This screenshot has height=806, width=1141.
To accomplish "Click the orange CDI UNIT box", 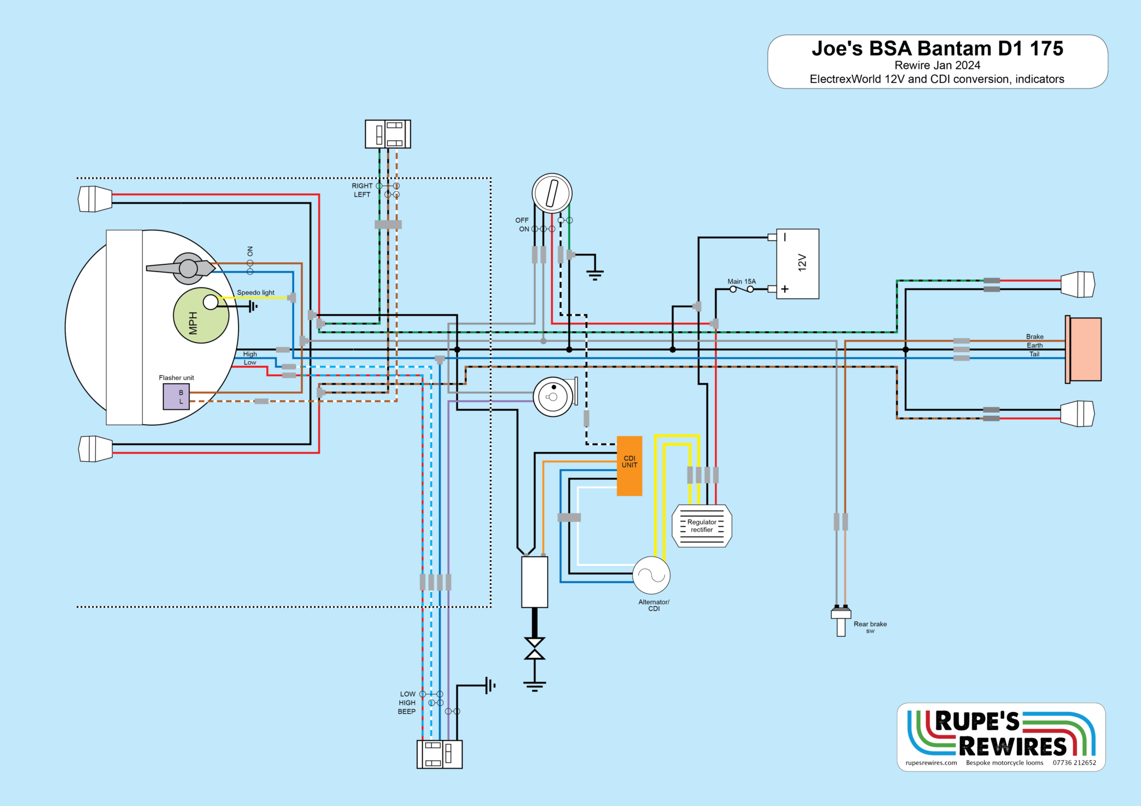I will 629,465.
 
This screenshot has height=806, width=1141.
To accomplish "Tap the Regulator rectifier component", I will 701,526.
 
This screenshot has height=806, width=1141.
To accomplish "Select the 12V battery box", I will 798,263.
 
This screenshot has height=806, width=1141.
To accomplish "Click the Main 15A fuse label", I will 741,282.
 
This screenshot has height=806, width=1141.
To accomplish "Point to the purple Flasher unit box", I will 176,397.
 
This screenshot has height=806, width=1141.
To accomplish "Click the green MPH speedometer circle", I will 201,316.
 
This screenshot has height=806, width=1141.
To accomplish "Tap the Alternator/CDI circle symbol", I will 651,575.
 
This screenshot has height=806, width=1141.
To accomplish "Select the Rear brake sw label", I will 870,627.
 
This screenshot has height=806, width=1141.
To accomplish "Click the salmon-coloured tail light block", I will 1085,349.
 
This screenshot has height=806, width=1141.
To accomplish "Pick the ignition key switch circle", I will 552,193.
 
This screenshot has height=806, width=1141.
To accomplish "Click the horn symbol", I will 554,397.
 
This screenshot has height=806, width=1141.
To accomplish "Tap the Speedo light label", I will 256,293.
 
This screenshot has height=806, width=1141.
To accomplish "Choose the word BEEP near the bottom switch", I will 407,711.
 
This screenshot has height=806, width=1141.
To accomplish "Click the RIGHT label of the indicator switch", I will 362,186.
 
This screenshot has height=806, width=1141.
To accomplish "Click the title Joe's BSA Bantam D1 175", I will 937,49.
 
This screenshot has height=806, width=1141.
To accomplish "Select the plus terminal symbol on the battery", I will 785,289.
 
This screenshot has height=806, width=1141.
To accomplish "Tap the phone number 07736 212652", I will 1074,763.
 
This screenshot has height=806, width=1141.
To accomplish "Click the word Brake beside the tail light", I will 1035,337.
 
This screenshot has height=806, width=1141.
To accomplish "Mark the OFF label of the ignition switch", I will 522,220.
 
